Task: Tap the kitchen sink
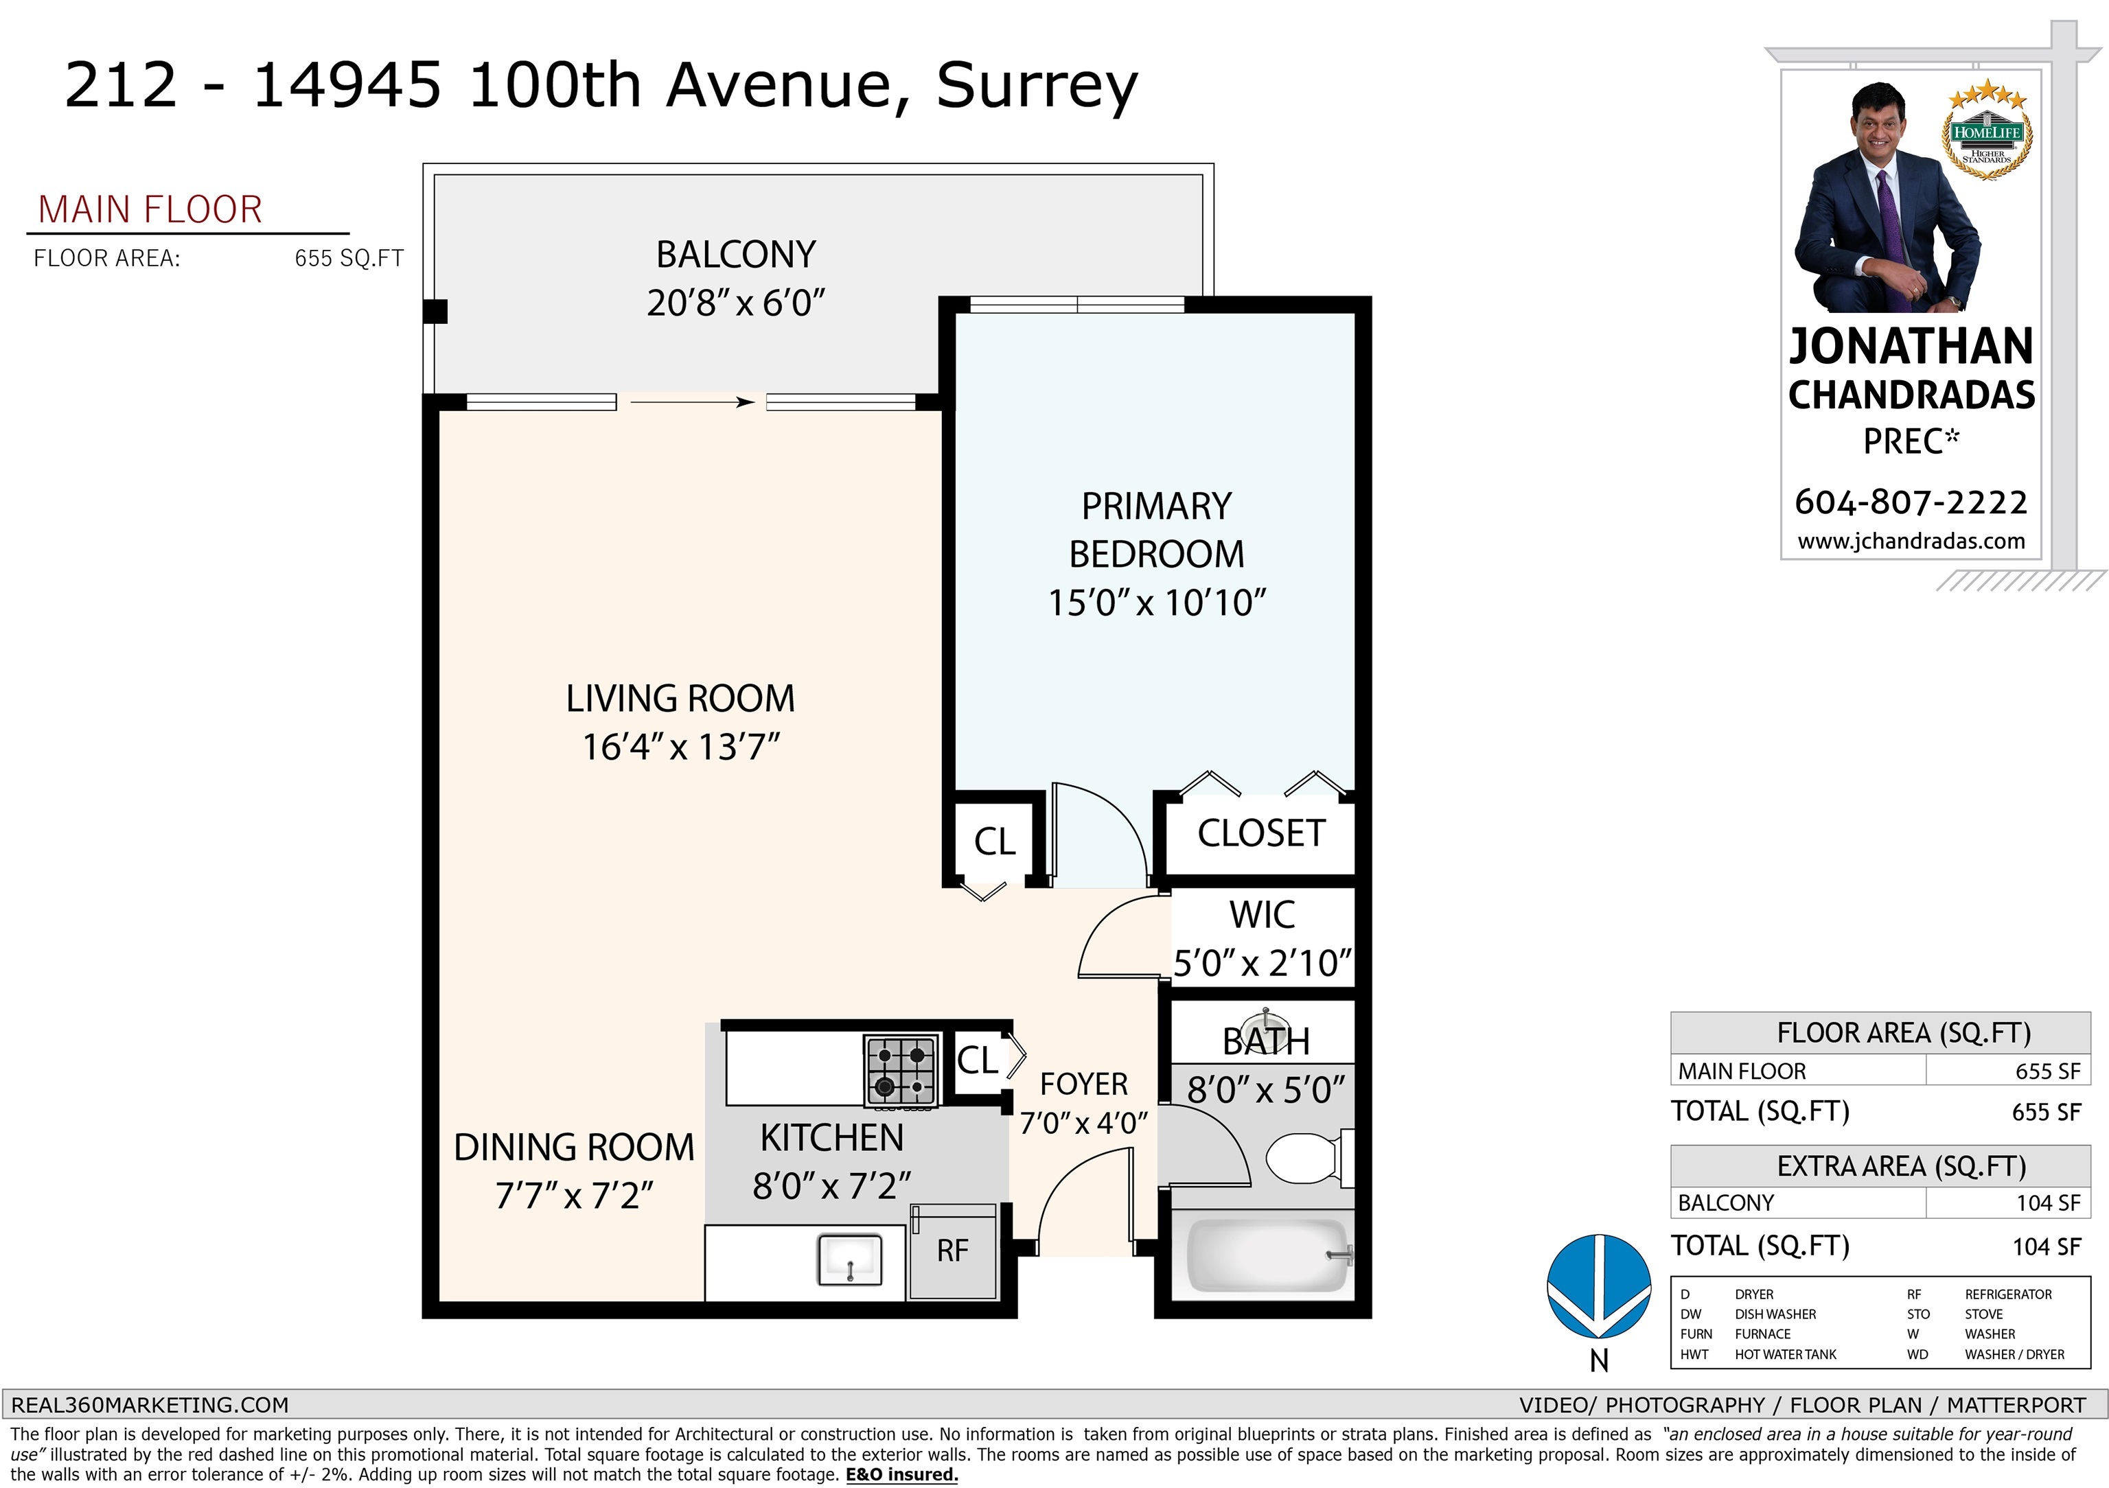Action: [x=850, y=1259]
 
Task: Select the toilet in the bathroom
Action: [x=1309, y=1159]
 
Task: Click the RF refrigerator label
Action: [x=952, y=1251]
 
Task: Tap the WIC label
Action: [x=1262, y=915]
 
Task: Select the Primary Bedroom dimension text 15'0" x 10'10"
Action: [x=1157, y=603]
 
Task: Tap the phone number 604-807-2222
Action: [x=1911, y=502]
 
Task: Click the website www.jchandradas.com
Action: [x=1911, y=541]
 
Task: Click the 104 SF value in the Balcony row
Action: [x=2047, y=1203]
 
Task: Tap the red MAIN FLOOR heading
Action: [x=150, y=210]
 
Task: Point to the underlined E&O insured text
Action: [x=902, y=1475]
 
